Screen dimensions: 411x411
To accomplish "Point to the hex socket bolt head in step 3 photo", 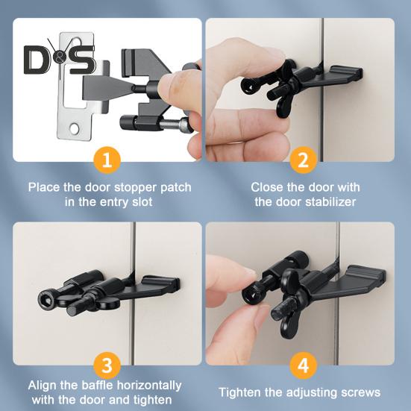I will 46,301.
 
